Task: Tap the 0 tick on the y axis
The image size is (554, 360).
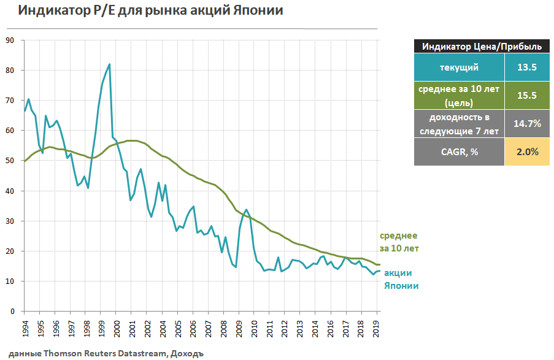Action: [x=12, y=312]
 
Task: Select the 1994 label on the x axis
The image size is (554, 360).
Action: [x=25, y=327]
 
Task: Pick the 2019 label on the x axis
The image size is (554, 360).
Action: [x=377, y=327]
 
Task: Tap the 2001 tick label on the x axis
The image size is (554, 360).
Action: [x=132, y=327]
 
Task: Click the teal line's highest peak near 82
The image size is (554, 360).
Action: [x=109, y=64]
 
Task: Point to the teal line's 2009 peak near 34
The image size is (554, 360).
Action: [x=247, y=210]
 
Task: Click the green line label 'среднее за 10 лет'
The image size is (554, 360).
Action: [x=399, y=242]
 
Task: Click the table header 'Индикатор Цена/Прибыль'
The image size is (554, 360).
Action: [x=477, y=46]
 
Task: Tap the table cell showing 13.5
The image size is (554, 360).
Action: [x=526, y=67]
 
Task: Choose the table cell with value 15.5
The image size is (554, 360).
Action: [x=526, y=95]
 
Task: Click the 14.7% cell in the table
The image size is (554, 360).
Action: [x=526, y=123]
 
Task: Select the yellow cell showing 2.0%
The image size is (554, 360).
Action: [x=526, y=151]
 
